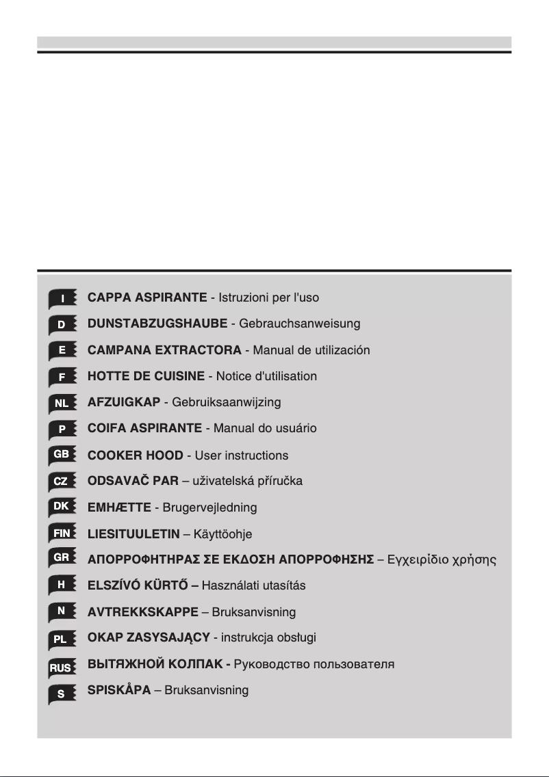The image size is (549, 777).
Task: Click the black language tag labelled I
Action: (62, 299)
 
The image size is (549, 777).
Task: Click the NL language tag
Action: (62, 404)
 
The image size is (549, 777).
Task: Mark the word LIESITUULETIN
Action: (133, 534)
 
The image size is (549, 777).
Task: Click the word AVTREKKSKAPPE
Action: (143, 611)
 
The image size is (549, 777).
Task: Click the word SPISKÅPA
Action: (119, 690)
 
